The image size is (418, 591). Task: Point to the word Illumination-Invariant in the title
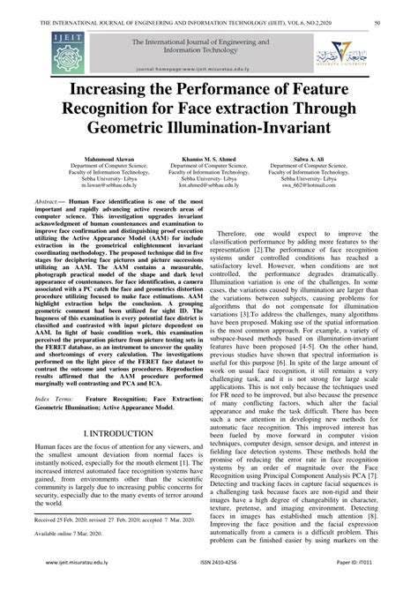coord(269,128)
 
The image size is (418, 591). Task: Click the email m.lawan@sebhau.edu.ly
coord(81,189)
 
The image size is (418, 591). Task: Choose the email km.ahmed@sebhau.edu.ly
coord(209,189)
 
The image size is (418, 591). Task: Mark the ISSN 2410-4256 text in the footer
coord(209,581)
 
